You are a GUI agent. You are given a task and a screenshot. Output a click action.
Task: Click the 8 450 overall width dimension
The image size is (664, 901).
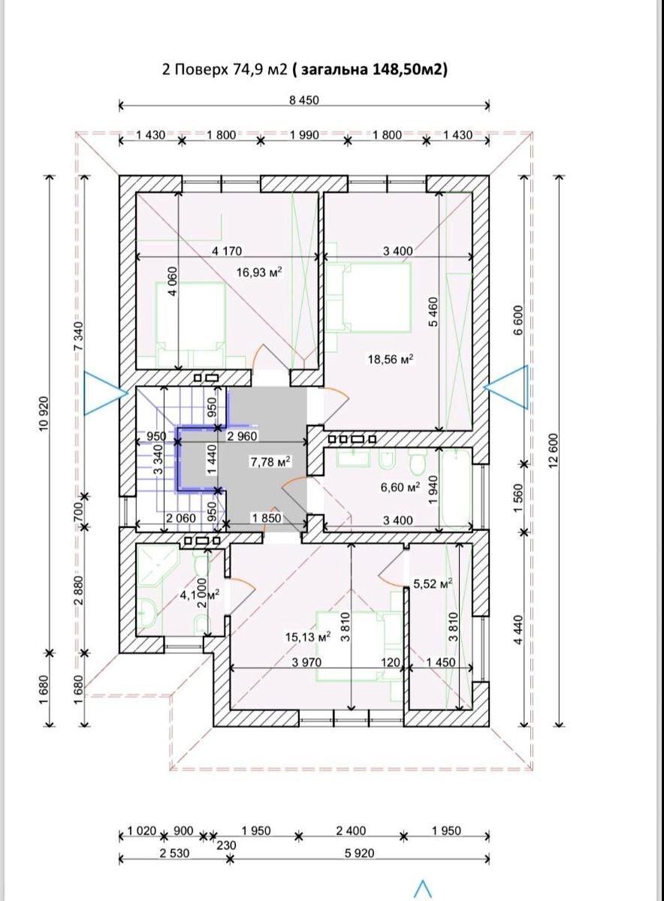tap(303, 100)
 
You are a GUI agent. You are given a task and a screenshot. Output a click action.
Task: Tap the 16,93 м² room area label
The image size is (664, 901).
tap(258, 273)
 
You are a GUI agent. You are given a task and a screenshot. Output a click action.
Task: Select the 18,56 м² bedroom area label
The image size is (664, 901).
tap(391, 358)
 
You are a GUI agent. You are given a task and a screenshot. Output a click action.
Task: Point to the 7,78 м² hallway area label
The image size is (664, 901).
tap(271, 462)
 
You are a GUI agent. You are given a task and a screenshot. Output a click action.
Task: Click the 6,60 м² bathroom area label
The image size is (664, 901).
tap(400, 487)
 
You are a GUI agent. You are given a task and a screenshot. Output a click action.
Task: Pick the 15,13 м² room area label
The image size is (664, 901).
tap(308, 637)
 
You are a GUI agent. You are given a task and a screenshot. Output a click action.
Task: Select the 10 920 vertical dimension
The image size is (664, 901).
tap(44, 414)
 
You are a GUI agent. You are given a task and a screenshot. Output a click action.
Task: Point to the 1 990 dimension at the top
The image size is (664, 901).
tap(304, 134)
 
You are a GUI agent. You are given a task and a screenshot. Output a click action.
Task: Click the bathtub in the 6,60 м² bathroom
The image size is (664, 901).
tap(457, 489)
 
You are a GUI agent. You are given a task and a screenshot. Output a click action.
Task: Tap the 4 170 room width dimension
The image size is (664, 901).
tap(227, 251)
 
